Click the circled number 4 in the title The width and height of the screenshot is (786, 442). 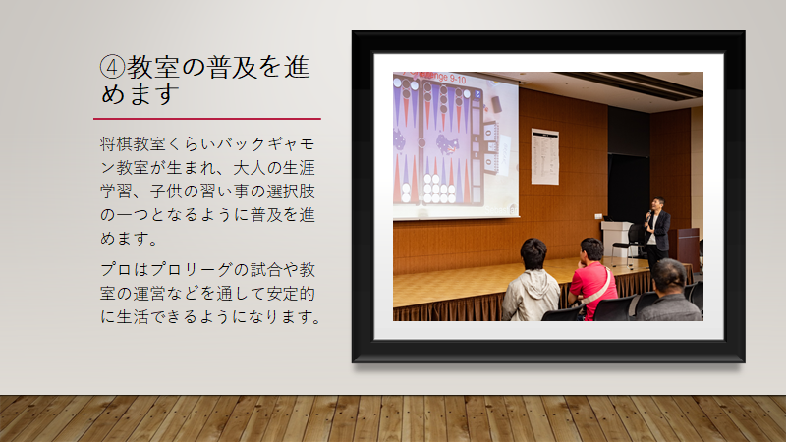[112, 67]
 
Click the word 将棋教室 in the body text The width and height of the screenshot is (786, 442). [133, 144]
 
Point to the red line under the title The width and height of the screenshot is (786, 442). [207, 119]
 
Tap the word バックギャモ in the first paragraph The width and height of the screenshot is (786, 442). [266, 144]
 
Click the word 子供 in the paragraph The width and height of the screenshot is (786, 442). [166, 192]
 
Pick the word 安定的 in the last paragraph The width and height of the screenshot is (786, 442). [291, 293]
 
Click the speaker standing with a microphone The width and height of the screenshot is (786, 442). [656, 232]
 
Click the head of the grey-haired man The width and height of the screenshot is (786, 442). [670, 276]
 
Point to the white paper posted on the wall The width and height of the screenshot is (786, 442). [545, 156]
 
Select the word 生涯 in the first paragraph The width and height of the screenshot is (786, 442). [299, 168]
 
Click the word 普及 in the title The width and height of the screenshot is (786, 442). [231, 67]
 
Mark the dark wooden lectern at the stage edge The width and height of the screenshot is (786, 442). [684, 249]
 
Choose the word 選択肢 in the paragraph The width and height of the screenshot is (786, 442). [291, 192]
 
